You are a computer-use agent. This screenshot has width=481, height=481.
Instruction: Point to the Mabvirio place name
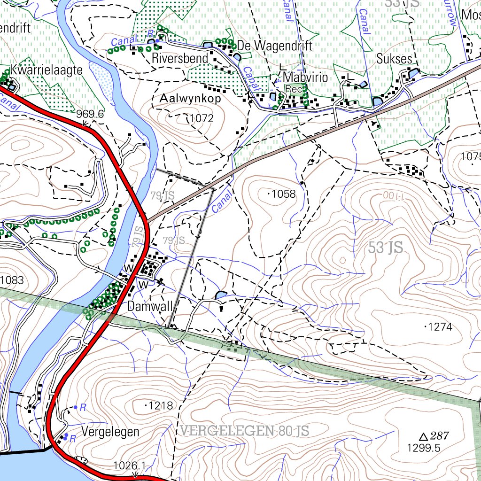[x=306, y=77]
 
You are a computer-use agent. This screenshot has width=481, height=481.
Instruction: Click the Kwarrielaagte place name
[x=47, y=70]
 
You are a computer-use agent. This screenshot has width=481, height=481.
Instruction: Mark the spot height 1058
[x=283, y=194]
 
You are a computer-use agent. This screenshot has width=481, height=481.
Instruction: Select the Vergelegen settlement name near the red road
[x=110, y=432]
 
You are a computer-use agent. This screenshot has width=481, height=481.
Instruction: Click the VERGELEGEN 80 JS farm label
[x=244, y=431]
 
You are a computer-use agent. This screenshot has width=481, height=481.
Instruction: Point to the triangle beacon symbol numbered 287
[x=423, y=436]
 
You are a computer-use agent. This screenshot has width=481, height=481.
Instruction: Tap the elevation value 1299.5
[x=424, y=448]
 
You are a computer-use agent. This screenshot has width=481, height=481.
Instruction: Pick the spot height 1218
[x=161, y=405]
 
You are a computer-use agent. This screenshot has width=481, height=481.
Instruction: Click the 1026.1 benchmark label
[x=130, y=465]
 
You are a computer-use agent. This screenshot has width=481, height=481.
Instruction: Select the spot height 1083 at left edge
[x=12, y=281]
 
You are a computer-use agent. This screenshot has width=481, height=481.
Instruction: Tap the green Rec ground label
[x=294, y=89]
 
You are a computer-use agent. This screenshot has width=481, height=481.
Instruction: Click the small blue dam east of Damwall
[x=220, y=295]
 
